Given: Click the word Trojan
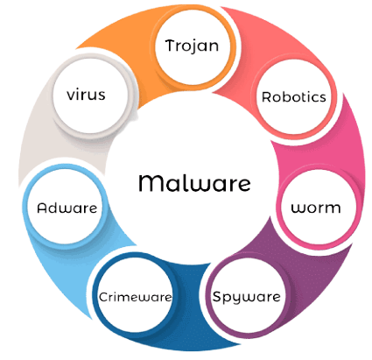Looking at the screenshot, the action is point(192,46).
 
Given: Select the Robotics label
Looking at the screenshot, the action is point(294,97).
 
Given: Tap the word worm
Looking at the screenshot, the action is point(316,208).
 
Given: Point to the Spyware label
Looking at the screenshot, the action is point(247,298).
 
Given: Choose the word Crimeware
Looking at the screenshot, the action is point(136,297).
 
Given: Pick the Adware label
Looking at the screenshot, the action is point(67,208).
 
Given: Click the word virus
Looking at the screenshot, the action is point(86,95).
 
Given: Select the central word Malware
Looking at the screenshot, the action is point(194,183).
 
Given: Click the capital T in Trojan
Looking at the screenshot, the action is point(170,46).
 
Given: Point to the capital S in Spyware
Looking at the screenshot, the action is point(217,296).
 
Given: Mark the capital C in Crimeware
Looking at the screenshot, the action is point(103,297).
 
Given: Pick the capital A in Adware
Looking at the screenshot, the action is point(42,208).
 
